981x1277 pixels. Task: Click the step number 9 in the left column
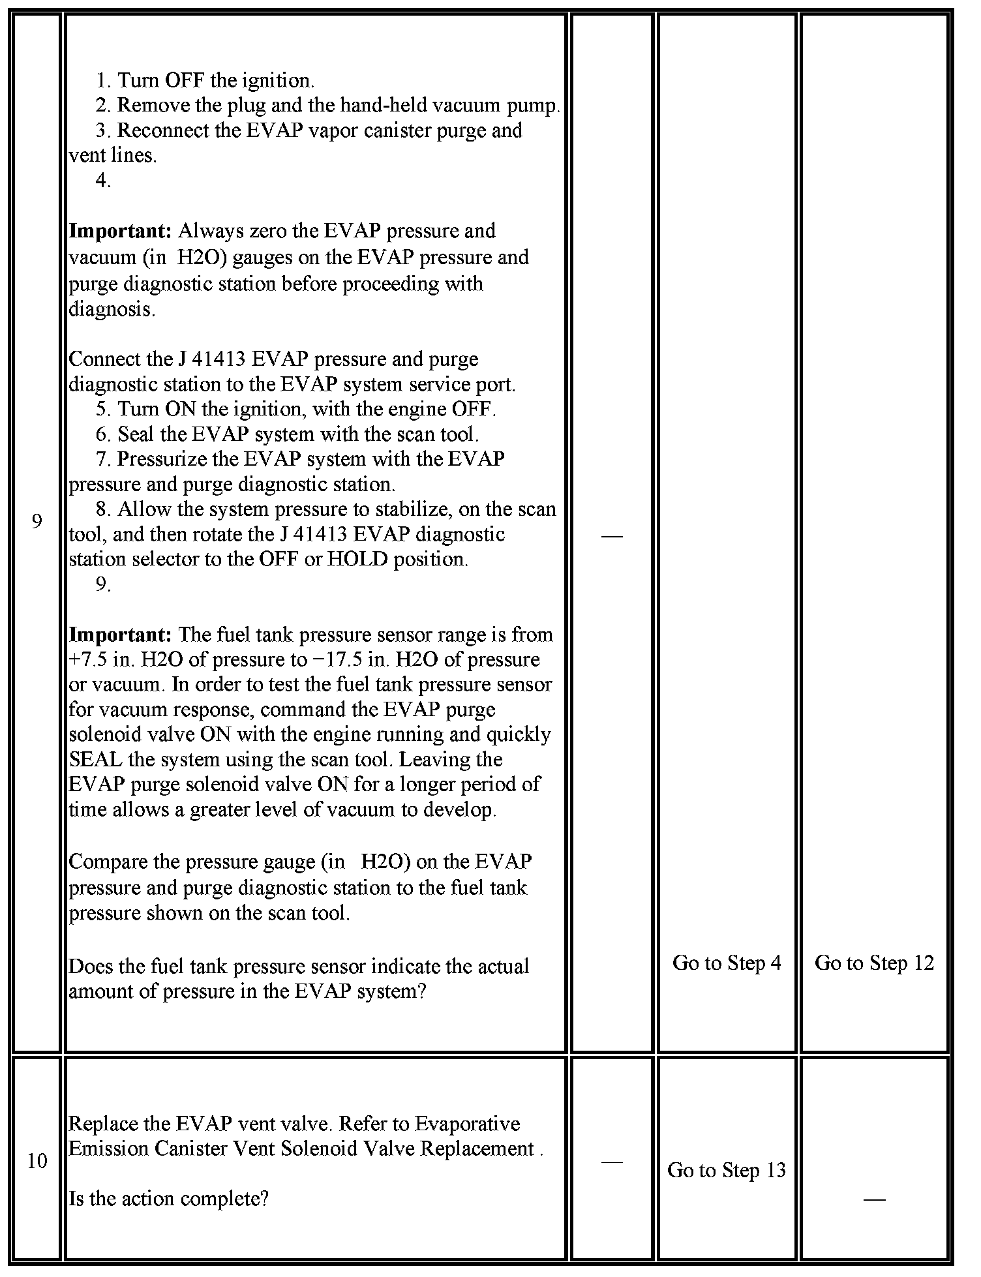pyautogui.click(x=37, y=522)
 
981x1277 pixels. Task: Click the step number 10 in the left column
pyautogui.click(x=37, y=1161)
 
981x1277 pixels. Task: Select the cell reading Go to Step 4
pyautogui.click(x=727, y=963)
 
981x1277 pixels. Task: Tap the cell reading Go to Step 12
pyautogui.click(x=874, y=963)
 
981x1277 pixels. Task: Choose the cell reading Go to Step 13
pyautogui.click(x=727, y=1170)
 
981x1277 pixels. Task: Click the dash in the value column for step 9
pyautogui.click(x=612, y=535)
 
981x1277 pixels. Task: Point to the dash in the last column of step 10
pyautogui.click(x=874, y=1199)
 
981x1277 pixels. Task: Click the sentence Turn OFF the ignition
pyautogui.click(x=215, y=80)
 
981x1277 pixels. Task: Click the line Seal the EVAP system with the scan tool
pyautogui.click(x=297, y=434)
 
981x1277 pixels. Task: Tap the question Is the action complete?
pyautogui.click(x=168, y=1199)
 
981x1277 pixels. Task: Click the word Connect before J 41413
pyautogui.click(x=104, y=359)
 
